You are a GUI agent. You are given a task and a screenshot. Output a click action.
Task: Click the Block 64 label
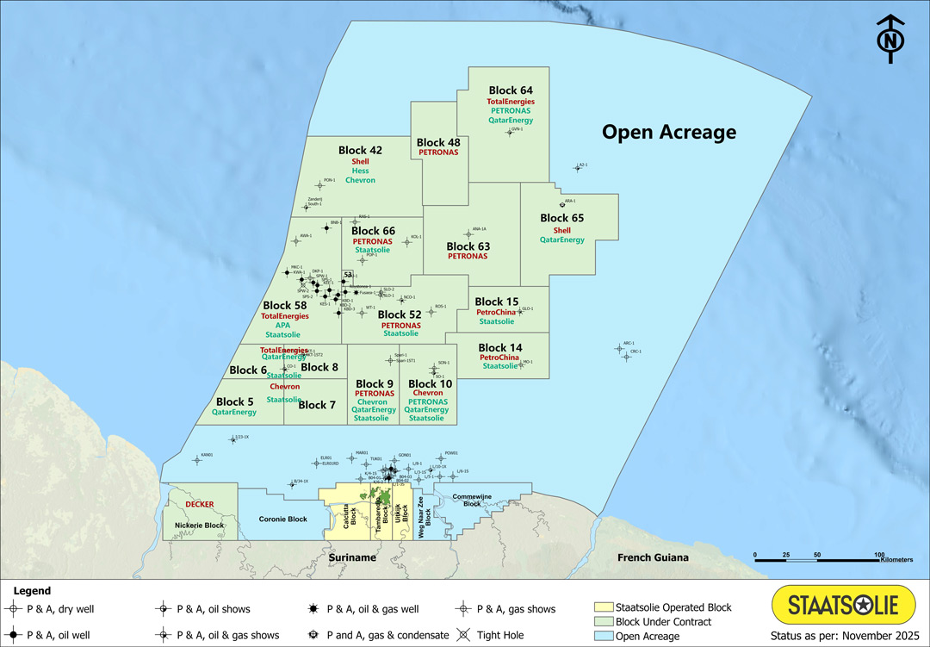pos(511,90)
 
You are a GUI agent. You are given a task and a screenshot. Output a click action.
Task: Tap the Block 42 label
pos(360,150)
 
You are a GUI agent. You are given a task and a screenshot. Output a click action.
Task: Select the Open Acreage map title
pos(668,132)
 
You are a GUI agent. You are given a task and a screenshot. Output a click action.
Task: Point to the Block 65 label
pos(561,218)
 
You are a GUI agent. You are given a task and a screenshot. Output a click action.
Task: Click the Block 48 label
pos(438,142)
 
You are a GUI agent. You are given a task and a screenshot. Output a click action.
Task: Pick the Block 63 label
pos(468,246)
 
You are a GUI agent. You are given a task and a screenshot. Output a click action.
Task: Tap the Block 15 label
pos(497,302)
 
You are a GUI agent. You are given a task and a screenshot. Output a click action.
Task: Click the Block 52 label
pos(400,314)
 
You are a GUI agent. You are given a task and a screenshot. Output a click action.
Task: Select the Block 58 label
pos(285,305)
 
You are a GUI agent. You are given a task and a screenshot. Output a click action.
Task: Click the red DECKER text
pos(194,504)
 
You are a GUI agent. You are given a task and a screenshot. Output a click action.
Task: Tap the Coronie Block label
pos(283,519)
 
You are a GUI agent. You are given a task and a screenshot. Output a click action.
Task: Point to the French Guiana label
pos(653,557)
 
